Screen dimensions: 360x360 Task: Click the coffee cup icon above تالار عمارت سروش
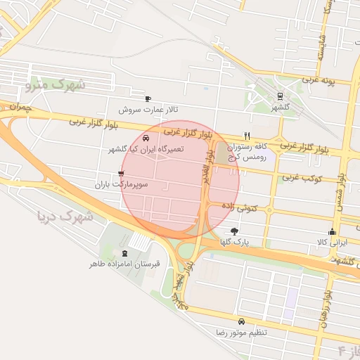point(148,99)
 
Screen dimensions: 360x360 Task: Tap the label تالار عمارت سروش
point(148,110)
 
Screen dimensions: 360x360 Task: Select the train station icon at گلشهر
point(281,97)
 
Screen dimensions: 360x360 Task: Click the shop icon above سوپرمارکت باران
point(122,173)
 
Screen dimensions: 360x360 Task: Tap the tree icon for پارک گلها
point(234,231)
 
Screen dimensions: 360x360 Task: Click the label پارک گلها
point(234,242)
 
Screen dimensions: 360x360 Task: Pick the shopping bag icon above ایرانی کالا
point(332,232)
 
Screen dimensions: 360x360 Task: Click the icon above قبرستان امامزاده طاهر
point(125,253)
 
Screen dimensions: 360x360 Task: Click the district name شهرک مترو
point(56,86)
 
